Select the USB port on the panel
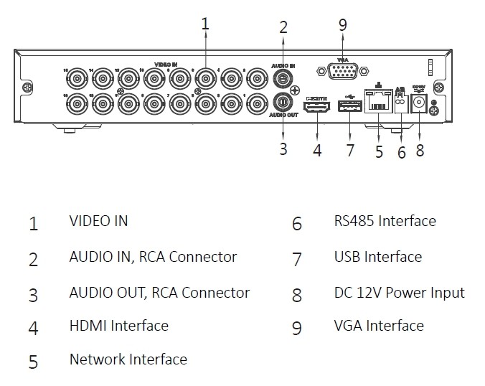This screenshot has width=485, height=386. click(349, 108)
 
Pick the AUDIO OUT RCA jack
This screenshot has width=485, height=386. click(283, 102)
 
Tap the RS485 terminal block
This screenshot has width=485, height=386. click(401, 103)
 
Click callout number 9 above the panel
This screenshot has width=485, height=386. click(343, 25)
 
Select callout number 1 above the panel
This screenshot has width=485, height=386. click(205, 23)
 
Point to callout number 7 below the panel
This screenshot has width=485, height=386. click(349, 150)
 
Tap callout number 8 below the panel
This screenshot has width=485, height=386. click(420, 150)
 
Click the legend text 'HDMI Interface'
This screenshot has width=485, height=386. click(118, 325)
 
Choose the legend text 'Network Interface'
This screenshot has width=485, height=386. click(128, 359)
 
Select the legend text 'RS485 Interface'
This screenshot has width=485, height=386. click(385, 220)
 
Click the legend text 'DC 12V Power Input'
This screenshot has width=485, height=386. click(399, 292)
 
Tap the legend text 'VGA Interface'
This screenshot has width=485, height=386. click(379, 325)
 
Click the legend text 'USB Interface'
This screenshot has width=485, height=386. click(377, 256)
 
